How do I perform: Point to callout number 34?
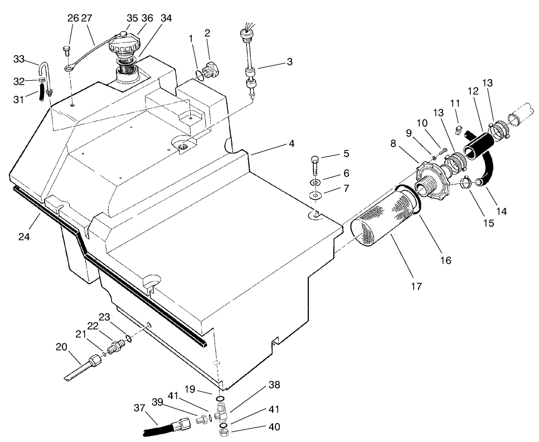coord(166,18)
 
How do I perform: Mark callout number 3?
coord(289,61)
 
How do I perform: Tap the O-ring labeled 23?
coord(129,338)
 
